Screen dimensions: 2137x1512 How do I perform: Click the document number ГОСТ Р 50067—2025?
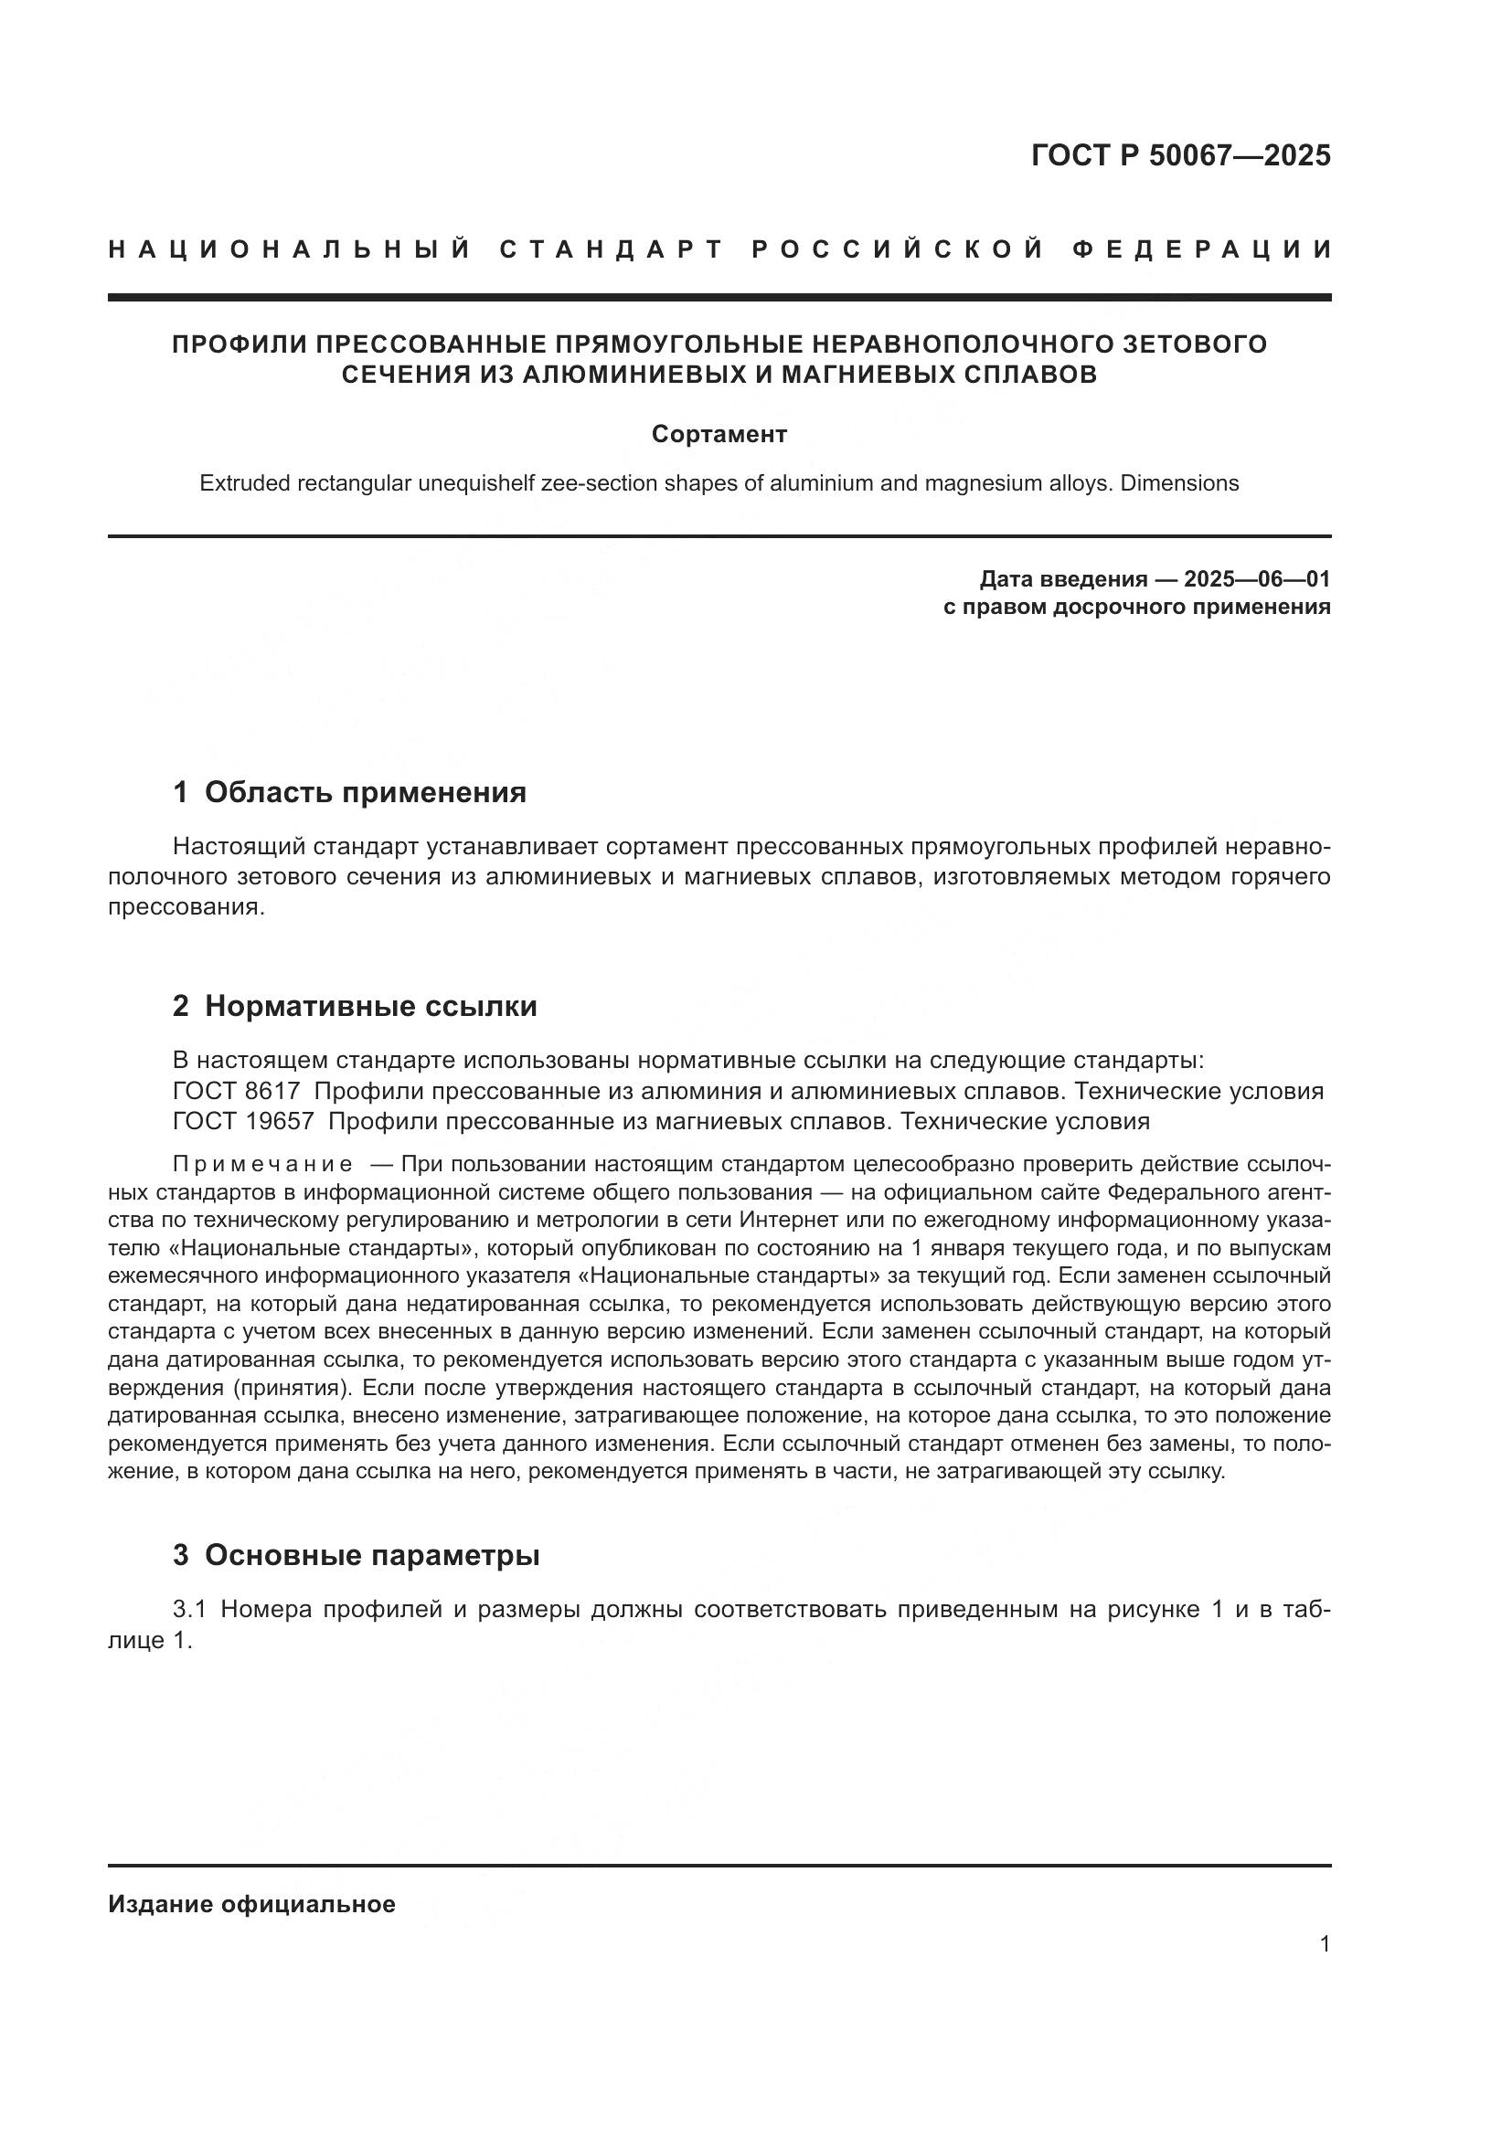(1180, 155)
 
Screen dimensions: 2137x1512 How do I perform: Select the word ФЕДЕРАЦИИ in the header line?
(1202, 249)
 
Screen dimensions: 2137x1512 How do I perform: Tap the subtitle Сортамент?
(719, 435)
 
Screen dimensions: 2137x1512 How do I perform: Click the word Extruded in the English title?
(243, 484)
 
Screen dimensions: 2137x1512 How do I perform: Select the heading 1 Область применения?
(349, 792)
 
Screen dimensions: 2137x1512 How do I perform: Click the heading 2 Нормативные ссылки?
(354, 1006)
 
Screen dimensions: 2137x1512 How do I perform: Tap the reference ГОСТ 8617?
(237, 1091)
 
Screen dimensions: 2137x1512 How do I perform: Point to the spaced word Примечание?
(262, 1165)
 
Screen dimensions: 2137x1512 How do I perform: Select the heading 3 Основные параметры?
(356, 1555)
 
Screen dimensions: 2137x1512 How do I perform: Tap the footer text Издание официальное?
(251, 1904)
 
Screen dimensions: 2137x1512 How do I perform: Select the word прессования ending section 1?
(186, 907)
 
